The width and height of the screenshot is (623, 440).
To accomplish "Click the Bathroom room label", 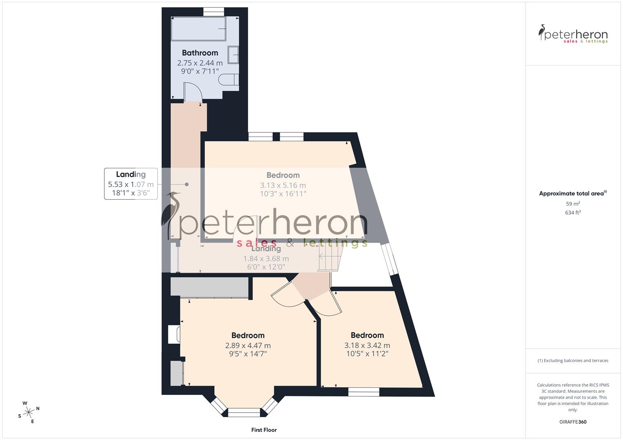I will (200, 53).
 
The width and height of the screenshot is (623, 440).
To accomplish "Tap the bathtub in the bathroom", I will (198, 29).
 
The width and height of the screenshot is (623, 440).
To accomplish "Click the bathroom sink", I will (233, 55).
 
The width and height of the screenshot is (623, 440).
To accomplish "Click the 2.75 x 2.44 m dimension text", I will (200, 63).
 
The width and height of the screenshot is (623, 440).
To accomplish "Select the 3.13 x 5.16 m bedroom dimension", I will (283, 185).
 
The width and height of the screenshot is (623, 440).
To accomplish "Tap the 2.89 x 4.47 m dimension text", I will (248, 345).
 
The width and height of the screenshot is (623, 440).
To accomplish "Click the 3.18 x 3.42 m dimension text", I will (367, 345).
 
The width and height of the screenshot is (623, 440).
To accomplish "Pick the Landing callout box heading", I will (131, 174).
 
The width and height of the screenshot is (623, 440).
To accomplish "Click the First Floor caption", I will (264, 430).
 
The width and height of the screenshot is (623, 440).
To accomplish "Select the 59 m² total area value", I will (573, 204).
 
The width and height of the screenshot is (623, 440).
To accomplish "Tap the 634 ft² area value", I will (573, 212).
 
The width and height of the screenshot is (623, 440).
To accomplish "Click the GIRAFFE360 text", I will (573, 422).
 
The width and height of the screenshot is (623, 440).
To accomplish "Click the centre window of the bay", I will (244, 413).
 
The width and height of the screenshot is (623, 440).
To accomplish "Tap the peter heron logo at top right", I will (573, 34).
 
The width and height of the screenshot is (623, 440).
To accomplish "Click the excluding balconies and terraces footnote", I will (573, 361).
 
